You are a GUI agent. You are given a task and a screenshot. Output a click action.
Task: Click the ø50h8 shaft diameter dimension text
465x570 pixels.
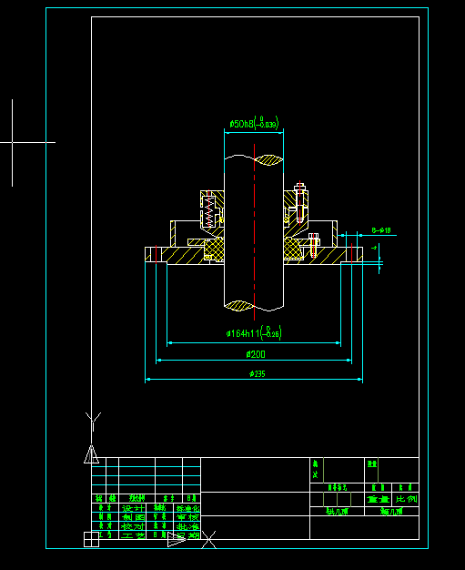(253, 123)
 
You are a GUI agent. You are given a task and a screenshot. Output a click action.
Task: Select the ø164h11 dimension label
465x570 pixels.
(254, 332)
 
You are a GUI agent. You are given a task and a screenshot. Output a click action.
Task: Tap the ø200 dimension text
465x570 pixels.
(255, 353)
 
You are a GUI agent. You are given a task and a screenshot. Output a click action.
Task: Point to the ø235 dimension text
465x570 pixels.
(255, 373)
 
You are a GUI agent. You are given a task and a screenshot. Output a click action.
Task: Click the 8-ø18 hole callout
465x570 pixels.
(380, 230)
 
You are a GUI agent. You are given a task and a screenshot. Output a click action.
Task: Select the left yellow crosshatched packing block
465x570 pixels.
(215, 247)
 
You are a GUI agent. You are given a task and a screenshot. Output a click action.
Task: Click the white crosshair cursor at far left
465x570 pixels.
(13, 142)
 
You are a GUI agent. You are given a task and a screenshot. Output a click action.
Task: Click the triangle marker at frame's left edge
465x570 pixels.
(91, 453)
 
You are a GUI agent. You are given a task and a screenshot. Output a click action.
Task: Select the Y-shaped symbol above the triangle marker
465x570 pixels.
(91, 420)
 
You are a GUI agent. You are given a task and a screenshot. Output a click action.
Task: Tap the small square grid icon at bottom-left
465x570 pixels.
(91, 539)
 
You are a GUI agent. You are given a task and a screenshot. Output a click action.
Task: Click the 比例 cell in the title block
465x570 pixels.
(407, 500)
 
